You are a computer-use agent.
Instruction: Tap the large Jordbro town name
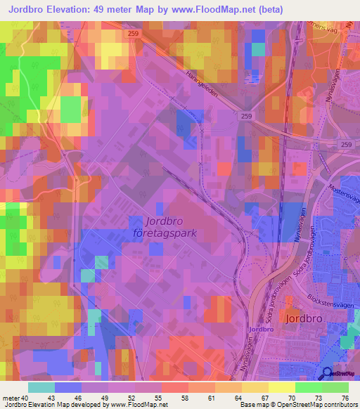click(x=305, y=318)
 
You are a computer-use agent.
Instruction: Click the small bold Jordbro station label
click(x=259, y=328)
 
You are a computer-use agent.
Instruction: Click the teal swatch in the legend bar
click(x=41, y=388)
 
